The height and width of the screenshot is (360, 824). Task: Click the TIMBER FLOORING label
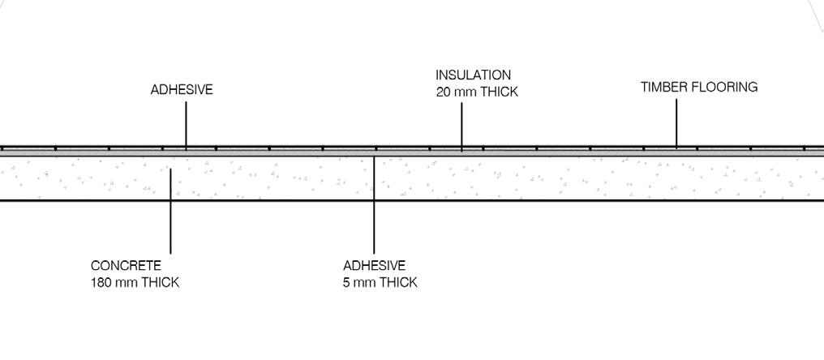pos(699,88)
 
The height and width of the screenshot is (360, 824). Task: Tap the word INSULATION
pos(473,75)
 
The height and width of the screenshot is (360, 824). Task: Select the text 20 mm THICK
pos(477,92)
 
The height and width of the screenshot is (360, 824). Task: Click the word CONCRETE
pos(126,266)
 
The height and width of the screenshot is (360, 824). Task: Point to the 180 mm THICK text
pos(135,282)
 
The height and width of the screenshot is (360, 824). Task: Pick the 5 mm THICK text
pos(380,282)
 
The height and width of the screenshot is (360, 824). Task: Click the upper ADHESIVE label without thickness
pos(182,90)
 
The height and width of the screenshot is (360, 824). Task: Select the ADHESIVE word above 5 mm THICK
pos(374,266)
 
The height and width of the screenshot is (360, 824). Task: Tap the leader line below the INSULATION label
pos(461,126)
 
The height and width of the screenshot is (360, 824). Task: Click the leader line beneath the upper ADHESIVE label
pos(186,125)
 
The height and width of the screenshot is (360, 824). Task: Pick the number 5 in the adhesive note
pos(346,282)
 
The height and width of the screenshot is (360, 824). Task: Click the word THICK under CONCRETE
pos(161,282)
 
